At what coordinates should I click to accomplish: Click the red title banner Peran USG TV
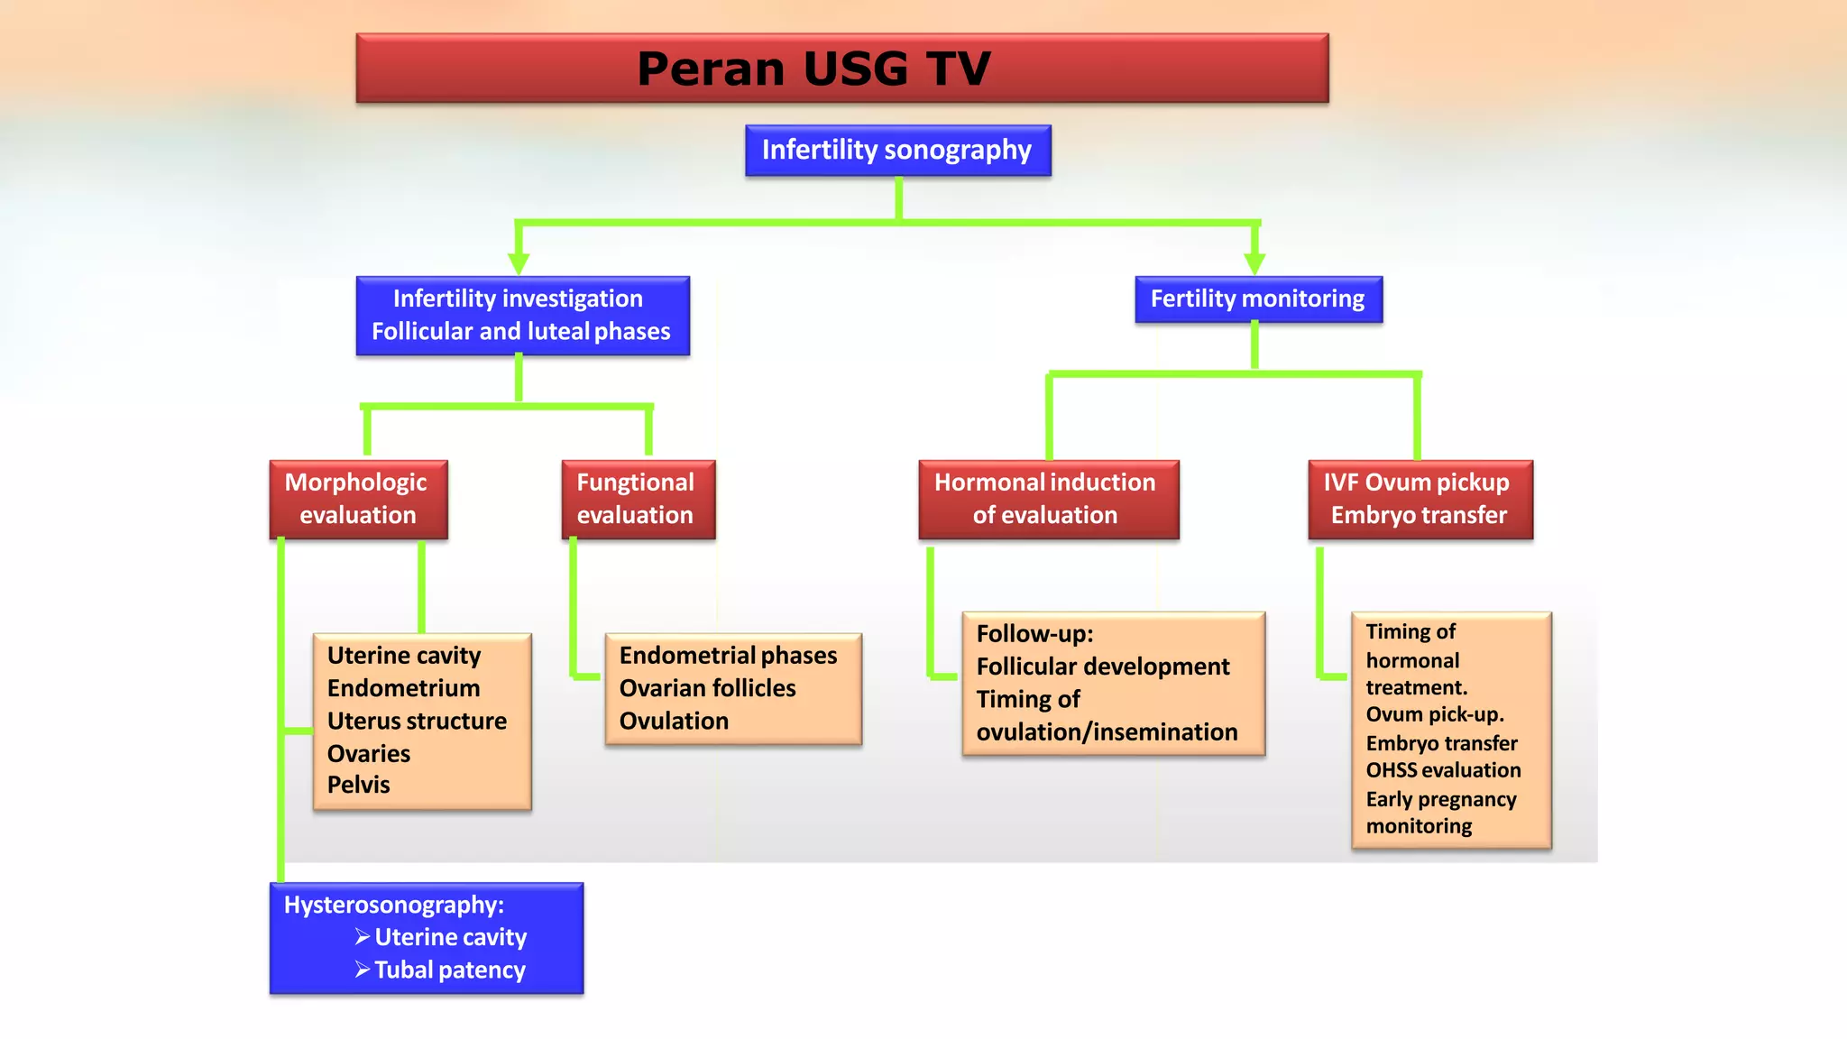pyautogui.click(x=841, y=69)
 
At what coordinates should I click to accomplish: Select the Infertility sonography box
pyautogui.click(x=897, y=150)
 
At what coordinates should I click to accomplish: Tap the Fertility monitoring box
pyautogui.click(x=1257, y=299)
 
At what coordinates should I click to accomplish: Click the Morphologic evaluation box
pyautogui.click(x=358, y=499)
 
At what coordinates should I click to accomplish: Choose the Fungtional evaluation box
pyautogui.click(x=637, y=499)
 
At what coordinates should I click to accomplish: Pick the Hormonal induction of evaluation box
pyautogui.click(x=1047, y=499)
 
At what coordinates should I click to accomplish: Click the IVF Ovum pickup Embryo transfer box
pyautogui.click(x=1420, y=499)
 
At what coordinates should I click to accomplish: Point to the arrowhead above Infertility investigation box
pyautogui.click(x=519, y=262)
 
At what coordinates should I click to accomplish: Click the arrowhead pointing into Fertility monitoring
pyautogui.click(x=1254, y=262)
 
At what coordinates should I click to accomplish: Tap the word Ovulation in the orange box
pyautogui.click(x=674, y=721)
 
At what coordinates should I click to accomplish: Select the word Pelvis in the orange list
pyautogui.click(x=359, y=785)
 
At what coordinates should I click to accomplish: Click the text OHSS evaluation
pyautogui.click(x=1443, y=770)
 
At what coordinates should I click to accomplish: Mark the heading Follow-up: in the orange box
pyautogui.click(x=1034, y=634)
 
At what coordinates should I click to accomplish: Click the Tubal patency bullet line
pyautogui.click(x=449, y=970)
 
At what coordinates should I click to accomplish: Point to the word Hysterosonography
pyautogui.click(x=393, y=905)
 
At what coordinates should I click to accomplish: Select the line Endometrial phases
pyautogui.click(x=728, y=656)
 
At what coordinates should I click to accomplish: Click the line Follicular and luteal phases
pyautogui.click(x=521, y=332)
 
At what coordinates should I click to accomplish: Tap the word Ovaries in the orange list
pyautogui.click(x=369, y=753)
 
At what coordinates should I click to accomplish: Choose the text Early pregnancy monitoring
pyautogui.click(x=1440, y=813)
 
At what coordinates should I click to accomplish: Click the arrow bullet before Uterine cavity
pyautogui.click(x=363, y=937)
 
